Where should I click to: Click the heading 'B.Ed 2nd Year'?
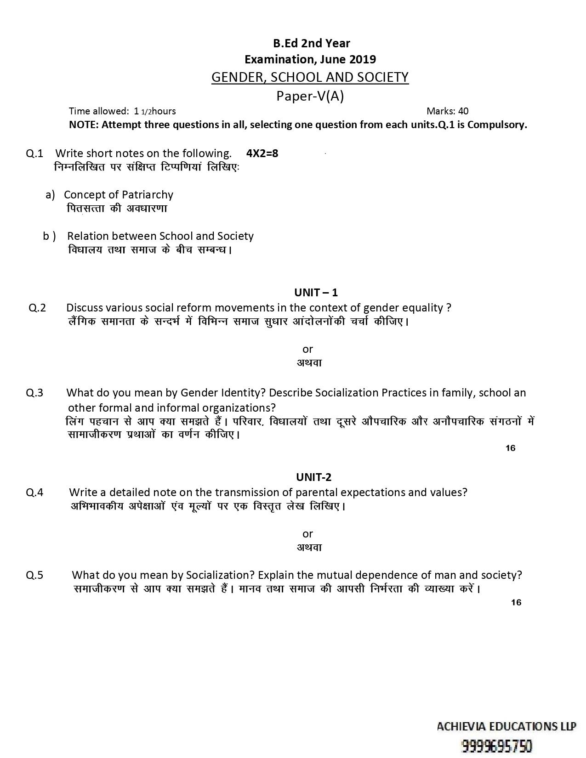coord(311,43)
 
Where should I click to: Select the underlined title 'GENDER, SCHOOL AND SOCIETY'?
coord(310,77)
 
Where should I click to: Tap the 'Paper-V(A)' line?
coord(310,96)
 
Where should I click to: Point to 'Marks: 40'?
coord(447,111)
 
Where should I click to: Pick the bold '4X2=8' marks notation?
coord(262,153)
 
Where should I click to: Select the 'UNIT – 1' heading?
coord(316,292)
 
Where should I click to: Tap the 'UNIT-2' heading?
coord(314,477)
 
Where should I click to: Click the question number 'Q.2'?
coord(37,308)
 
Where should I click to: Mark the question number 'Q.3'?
coord(34,393)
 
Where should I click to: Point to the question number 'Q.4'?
coord(34,492)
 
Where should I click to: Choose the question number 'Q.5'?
coord(34,575)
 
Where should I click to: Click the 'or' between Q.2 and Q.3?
coord(308,349)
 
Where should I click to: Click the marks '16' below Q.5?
coord(516,602)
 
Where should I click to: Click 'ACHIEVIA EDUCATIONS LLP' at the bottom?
coord(506,726)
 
